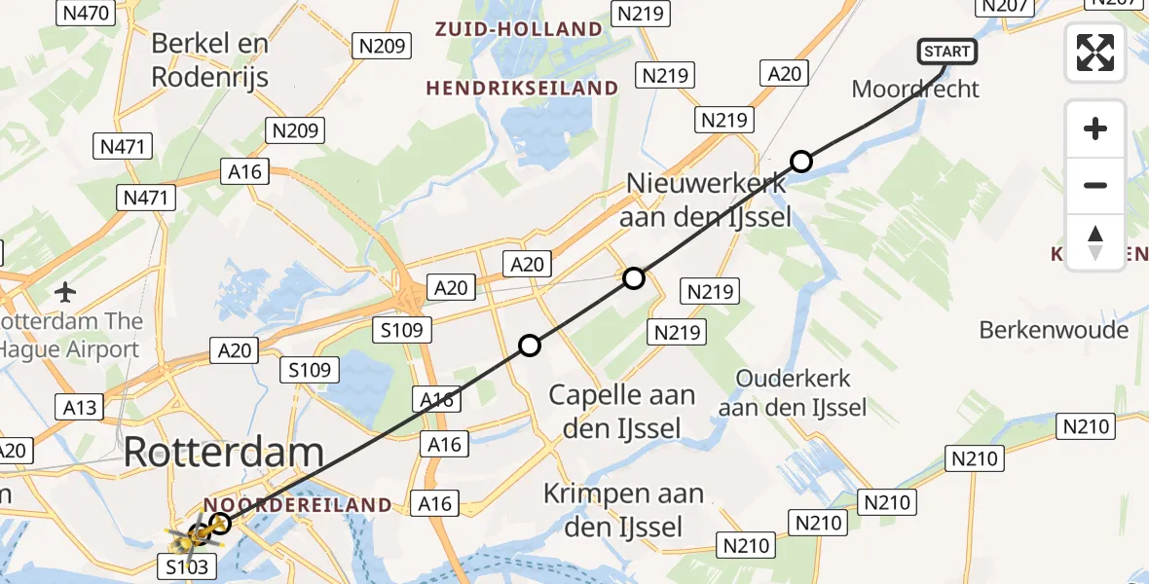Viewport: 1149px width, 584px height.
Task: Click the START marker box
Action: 945,52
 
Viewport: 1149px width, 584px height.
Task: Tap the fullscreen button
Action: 1095,53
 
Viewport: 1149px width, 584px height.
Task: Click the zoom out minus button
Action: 1095,185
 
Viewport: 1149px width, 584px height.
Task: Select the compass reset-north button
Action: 1095,241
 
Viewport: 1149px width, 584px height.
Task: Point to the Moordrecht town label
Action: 914,90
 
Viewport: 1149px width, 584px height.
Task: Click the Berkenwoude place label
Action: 1054,330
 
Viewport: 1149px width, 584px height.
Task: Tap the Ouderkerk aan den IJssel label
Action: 793,392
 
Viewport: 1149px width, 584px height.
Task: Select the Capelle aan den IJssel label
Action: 622,410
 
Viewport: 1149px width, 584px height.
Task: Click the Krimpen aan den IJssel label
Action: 623,510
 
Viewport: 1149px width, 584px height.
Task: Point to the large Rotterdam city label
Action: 224,452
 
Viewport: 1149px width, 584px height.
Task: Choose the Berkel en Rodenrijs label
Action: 209,58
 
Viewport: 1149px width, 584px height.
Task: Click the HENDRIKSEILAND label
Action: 522,89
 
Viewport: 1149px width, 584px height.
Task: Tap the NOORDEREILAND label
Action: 297,505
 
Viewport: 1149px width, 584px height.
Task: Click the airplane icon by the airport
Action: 66,291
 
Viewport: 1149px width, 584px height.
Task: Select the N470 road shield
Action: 87,13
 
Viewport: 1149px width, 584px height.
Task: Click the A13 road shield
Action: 81,406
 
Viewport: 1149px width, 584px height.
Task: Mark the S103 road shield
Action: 186,566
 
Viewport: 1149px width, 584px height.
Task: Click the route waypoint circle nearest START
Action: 800,162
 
